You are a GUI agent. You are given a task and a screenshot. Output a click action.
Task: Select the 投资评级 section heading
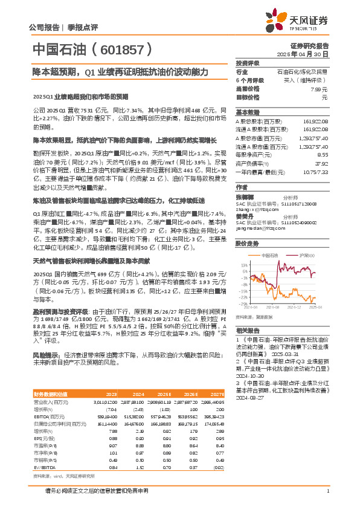point(248,63)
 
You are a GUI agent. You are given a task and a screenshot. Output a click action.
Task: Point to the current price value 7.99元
point(319,88)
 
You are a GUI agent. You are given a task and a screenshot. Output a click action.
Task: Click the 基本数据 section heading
point(248,112)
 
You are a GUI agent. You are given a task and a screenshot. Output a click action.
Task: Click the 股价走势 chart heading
point(248,244)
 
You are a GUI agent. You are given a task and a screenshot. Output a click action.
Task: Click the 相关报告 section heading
point(248,330)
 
